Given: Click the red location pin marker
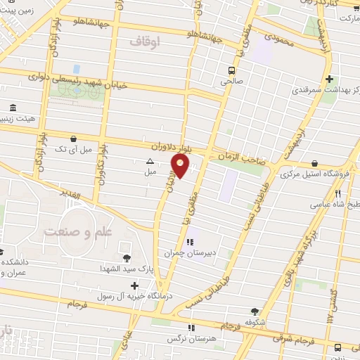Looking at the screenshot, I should click(180, 166).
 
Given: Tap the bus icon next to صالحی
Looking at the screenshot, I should click(231, 70).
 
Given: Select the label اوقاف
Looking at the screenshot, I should click(146, 42).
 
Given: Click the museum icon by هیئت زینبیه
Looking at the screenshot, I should click(13, 108).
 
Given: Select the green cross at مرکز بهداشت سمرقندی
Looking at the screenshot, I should click(329, 79).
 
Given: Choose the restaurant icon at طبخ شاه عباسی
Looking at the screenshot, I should click(338, 193).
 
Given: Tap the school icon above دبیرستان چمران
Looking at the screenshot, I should click(191, 242).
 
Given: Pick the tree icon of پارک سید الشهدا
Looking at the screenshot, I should click(126, 258).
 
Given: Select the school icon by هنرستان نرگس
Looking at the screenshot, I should click(191, 328).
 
